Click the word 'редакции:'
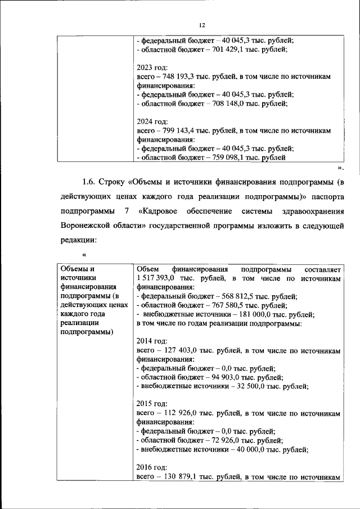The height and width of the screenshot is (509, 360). coord(79,240)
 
